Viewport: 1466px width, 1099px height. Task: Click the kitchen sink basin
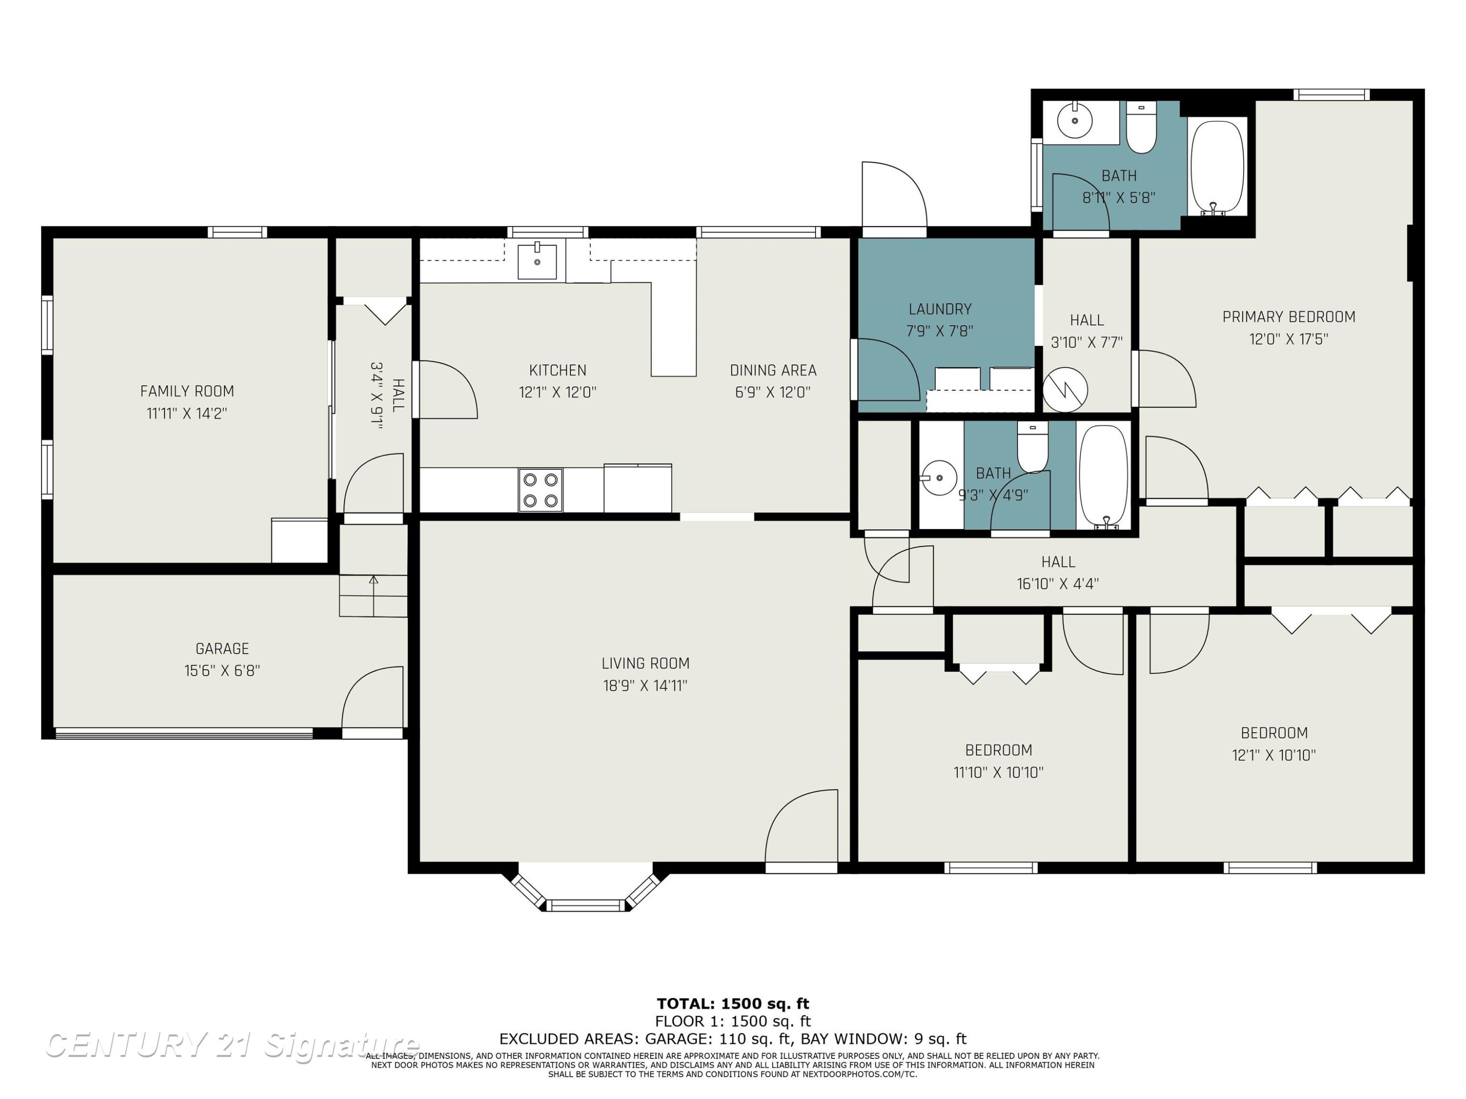click(x=537, y=261)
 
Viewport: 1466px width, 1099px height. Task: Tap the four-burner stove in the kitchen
click(x=540, y=490)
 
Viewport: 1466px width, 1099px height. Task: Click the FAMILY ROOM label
click(x=187, y=392)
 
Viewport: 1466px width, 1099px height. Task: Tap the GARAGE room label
click(x=222, y=649)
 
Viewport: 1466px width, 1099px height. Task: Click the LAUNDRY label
click(x=940, y=309)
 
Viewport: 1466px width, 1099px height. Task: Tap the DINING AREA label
click(x=773, y=370)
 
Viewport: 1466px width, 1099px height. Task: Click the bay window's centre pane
click(x=586, y=905)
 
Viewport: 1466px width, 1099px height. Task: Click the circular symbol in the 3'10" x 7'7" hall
click(x=1065, y=389)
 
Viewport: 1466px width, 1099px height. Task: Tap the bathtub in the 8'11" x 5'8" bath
click(x=1217, y=167)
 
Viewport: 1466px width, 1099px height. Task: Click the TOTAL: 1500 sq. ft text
click(x=733, y=1004)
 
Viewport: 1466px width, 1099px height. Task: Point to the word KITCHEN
click(x=558, y=370)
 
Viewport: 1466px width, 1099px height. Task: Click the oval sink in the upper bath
click(x=1074, y=121)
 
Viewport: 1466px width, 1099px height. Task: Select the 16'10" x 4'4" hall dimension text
click(x=1058, y=584)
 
